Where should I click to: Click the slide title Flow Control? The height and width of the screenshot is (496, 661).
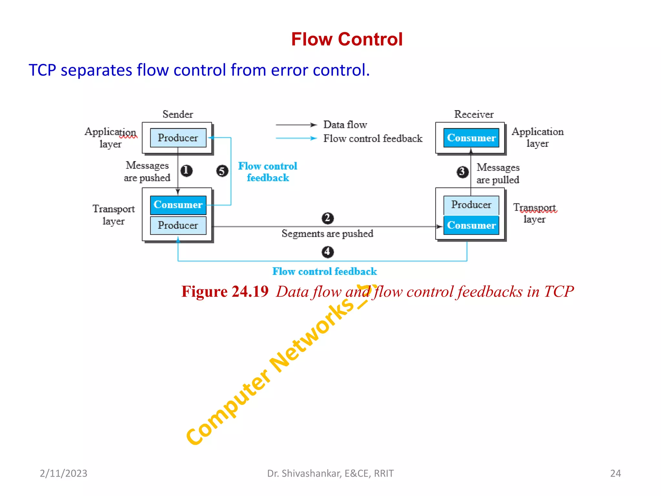(x=347, y=39)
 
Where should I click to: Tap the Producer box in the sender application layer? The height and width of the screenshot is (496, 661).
(x=178, y=138)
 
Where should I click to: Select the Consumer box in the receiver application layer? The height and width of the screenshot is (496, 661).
(x=471, y=138)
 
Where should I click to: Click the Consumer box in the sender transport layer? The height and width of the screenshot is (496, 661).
(x=178, y=205)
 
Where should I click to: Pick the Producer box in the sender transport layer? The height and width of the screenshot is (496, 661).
(x=178, y=225)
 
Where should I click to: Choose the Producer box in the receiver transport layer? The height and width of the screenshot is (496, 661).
(x=471, y=205)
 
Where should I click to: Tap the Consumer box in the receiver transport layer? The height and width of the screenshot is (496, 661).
(x=471, y=225)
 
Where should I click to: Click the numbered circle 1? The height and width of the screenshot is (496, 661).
(x=186, y=170)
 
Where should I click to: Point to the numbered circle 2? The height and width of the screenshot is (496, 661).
(x=328, y=218)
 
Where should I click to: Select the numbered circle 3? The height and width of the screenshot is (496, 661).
(x=463, y=171)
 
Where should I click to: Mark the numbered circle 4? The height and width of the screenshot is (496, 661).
(x=328, y=252)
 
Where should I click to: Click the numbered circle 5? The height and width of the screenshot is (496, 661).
(x=222, y=171)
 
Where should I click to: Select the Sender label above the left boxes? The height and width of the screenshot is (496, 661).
(x=178, y=114)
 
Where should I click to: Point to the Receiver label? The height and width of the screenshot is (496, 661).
(x=474, y=114)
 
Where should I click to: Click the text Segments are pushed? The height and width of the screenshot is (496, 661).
(x=327, y=233)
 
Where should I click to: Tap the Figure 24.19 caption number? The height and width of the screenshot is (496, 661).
(x=225, y=292)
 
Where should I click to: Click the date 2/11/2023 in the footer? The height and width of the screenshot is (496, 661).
(x=64, y=473)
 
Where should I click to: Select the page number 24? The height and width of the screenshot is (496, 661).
(x=615, y=473)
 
